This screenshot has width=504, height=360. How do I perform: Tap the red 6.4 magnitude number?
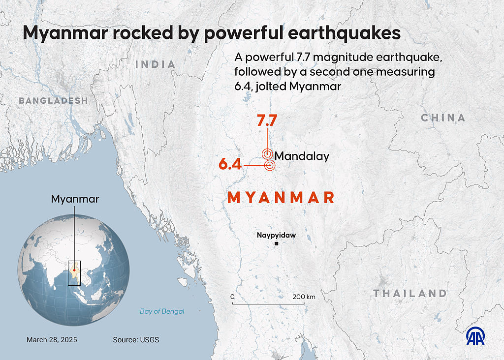(x=230, y=164)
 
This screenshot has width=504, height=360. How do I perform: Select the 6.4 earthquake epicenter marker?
(x=269, y=165)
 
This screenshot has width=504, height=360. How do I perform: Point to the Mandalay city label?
(x=302, y=156)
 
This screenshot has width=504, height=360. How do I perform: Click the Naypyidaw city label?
(x=276, y=235)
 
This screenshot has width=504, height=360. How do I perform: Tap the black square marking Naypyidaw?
(x=277, y=244)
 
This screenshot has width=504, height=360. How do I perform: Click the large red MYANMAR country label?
(x=281, y=198)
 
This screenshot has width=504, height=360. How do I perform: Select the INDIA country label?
(x=155, y=64)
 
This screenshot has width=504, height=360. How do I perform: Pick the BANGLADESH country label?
(x=53, y=100)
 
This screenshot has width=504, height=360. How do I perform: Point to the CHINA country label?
(x=443, y=118)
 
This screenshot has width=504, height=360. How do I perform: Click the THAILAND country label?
(x=409, y=294)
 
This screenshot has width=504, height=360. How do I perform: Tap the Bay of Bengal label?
(x=162, y=311)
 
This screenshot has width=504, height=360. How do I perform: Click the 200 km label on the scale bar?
(x=304, y=297)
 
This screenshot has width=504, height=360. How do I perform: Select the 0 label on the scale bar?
(x=232, y=297)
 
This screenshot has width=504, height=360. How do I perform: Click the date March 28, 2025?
(x=52, y=340)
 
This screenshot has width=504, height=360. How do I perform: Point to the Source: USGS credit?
(x=136, y=340)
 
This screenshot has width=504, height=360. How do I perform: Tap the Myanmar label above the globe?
(x=75, y=199)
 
